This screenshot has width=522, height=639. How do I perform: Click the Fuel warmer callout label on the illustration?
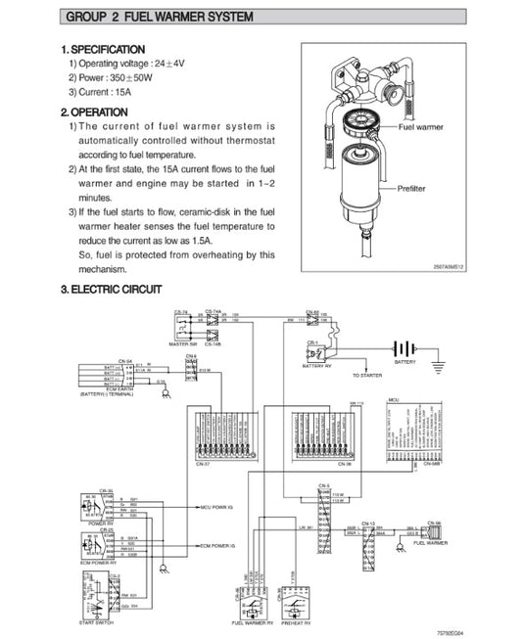[x=420, y=128]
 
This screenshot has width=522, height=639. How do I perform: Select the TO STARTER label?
[x=367, y=374]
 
